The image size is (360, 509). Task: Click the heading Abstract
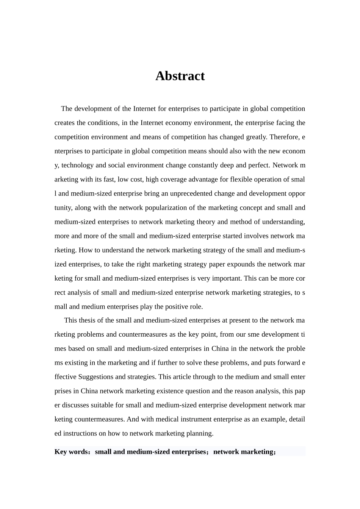pos(180,76)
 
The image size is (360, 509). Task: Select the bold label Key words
pos(71,452)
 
